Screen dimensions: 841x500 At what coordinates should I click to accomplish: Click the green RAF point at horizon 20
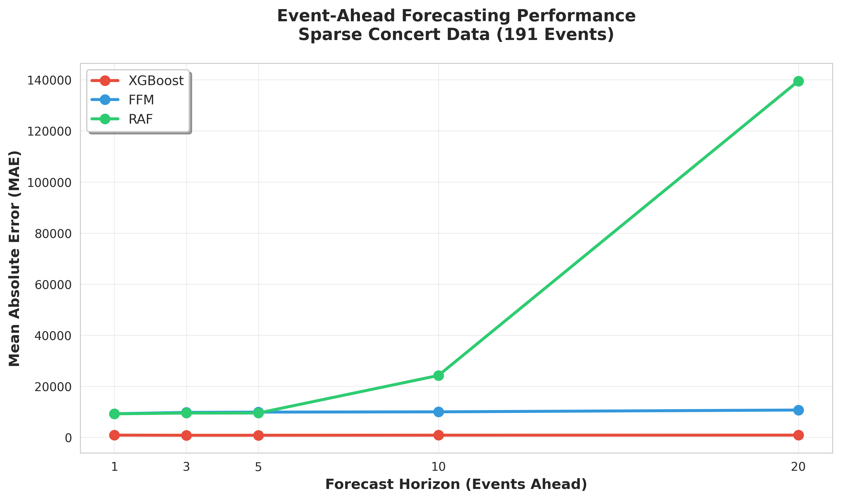pos(798,81)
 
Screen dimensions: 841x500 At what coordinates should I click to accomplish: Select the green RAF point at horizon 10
pos(438,375)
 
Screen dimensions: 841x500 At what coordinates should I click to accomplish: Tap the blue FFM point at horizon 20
pos(798,410)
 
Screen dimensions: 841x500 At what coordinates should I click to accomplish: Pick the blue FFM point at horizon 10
pos(438,412)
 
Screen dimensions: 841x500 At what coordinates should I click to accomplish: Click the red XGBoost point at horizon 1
pos(115,435)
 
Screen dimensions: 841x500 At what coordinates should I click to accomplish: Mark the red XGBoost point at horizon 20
pos(798,435)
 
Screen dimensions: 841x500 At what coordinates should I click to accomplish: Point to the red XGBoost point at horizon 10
pos(438,435)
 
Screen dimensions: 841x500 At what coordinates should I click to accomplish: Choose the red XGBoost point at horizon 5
pos(258,435)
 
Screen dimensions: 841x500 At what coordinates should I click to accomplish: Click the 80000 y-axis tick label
pos(53,234)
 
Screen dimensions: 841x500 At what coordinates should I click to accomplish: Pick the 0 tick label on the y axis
pos(68,438)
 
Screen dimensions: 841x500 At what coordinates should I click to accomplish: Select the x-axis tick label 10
pos(438,467)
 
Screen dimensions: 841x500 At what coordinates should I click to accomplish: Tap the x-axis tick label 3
pos(186,467)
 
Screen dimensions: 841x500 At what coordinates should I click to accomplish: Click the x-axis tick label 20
pos(798,467)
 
